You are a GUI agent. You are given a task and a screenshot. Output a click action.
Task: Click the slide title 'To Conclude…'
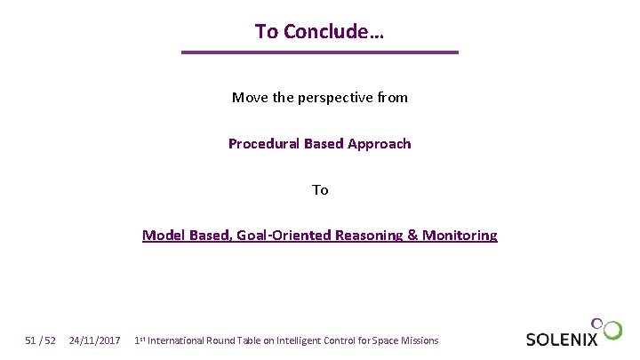click(x=319, y=31)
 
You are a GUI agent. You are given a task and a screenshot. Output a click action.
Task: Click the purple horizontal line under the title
click(x=319, y=52)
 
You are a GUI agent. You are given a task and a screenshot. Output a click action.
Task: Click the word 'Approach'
click(x=380, y=144)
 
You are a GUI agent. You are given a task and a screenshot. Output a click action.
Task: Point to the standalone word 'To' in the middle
click(x=320, y=190)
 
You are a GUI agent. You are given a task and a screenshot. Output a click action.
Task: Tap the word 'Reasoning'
click(x=366, y=236)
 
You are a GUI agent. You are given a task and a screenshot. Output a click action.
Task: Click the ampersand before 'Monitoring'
click(x=412, y=236)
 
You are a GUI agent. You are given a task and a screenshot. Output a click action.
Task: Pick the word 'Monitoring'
click(x=460, y=236)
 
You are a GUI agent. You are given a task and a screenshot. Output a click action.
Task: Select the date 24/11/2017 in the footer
click(x=94, y=340)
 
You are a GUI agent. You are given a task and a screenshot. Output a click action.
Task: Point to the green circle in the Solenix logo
click(x=612, y=331)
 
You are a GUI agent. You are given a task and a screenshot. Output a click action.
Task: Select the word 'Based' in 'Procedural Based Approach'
click(x=323, y=144)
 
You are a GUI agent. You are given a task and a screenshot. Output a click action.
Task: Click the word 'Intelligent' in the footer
click(x=303, y=340)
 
